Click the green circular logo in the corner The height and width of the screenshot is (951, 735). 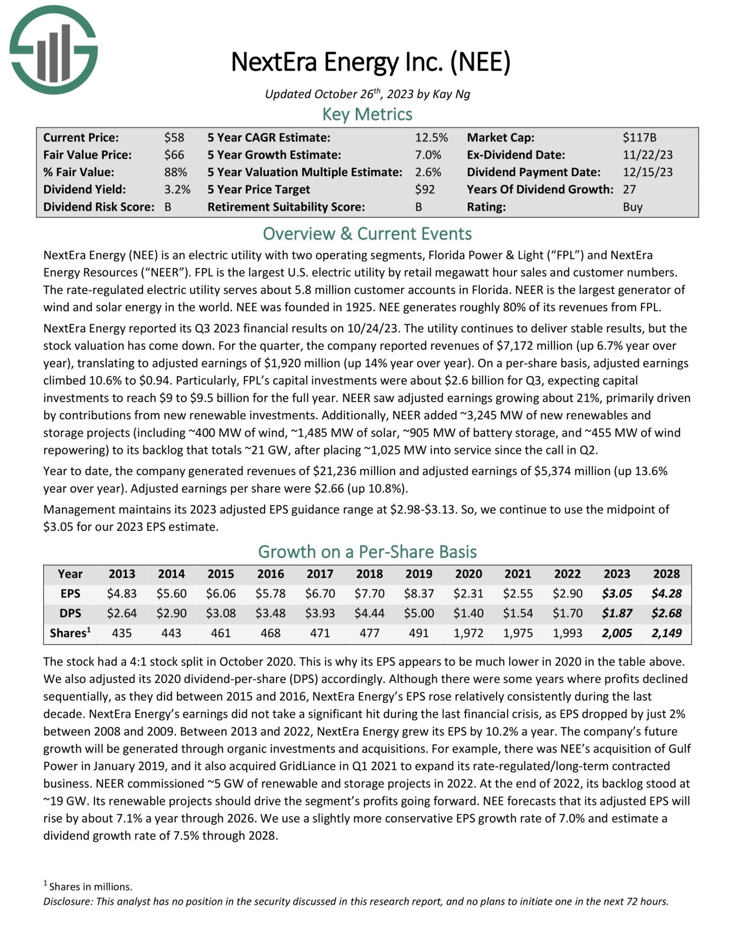click(53, 49)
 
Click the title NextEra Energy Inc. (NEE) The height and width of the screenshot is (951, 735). click(371, 62)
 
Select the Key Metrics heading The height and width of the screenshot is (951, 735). click(367, 114)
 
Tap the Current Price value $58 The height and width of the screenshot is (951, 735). click(174, 137)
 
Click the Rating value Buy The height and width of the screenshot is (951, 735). click(632, 207)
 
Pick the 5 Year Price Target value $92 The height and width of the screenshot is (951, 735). click(425, 189)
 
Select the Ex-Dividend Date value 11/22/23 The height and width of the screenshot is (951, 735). click(647, 155)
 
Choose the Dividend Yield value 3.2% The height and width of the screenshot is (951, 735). click(177, 189)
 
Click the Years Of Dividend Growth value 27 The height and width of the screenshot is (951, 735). click(629, 189)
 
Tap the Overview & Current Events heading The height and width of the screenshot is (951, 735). click(367, 234)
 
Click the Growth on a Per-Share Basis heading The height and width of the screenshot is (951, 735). click(367, 552)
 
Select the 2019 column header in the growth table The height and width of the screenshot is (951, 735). click(419, 574)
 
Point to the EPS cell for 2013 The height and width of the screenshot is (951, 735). click(122, 593)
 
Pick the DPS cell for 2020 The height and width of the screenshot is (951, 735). click(468, 613)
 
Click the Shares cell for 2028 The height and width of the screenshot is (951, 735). click(666, 633)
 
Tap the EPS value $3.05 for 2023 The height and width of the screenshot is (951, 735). click(617, 593)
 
